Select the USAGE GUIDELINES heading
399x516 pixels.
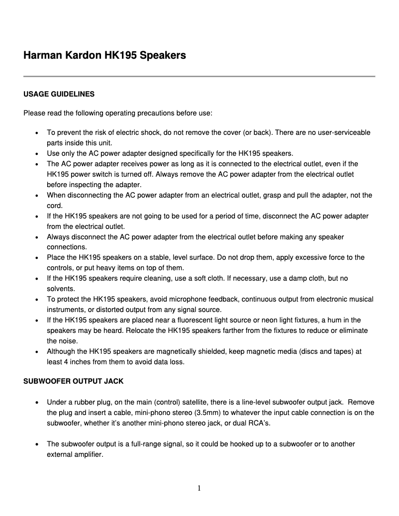click(59, 94)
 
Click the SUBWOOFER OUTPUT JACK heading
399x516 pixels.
click(74, 382)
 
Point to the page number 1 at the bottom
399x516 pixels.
click(199, 488)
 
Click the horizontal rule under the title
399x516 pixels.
click(199, 76)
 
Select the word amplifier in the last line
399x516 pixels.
click(88, 454)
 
